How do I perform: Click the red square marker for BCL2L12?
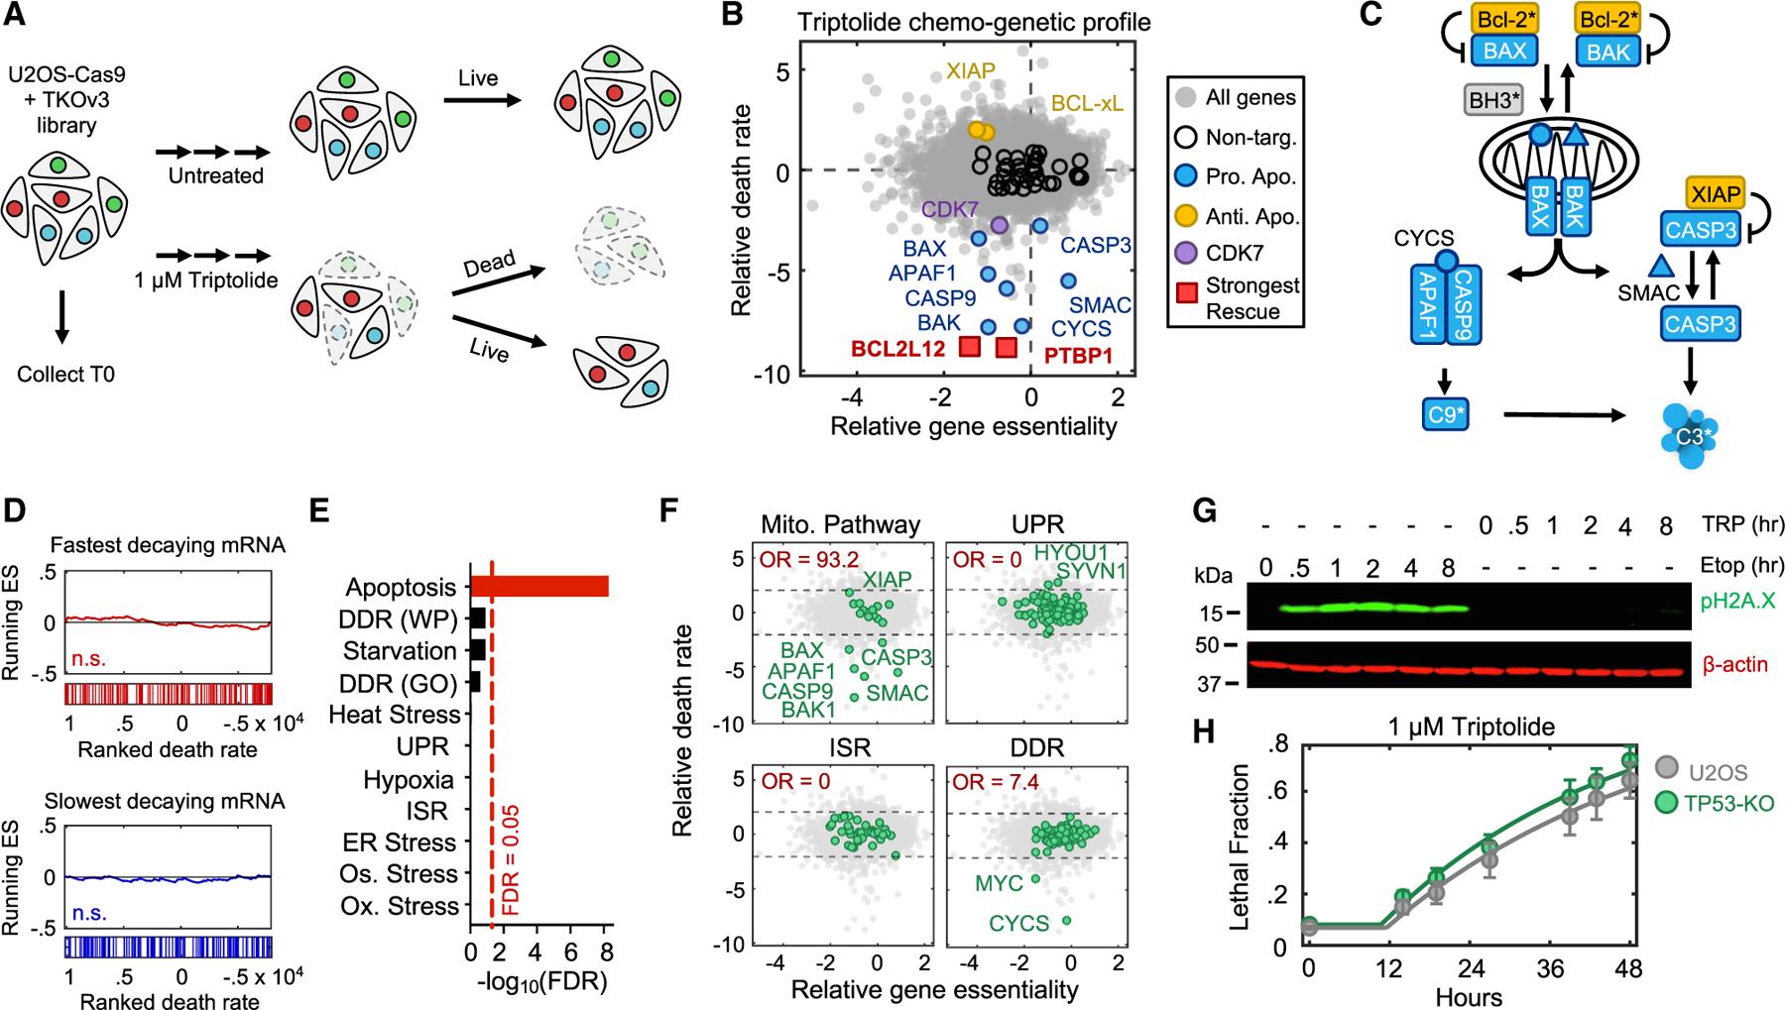[970, 345]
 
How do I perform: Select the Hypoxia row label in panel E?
[409, 779]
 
